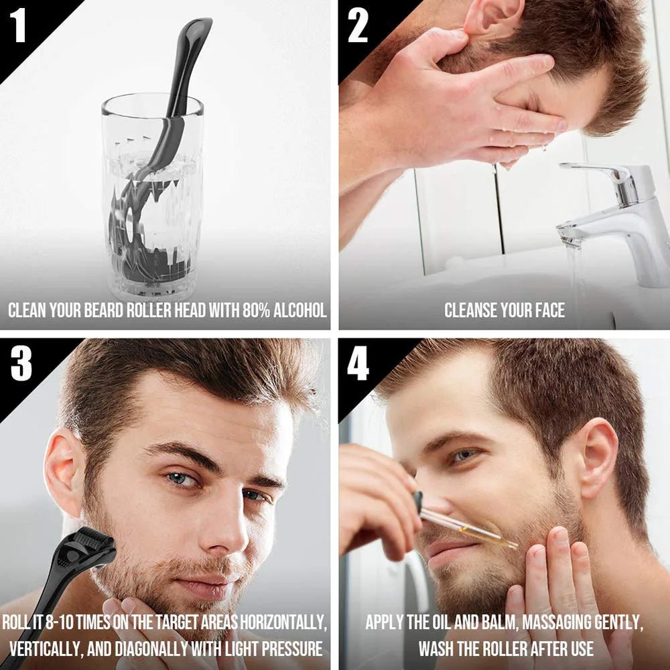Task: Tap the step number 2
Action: [x=358, y=25]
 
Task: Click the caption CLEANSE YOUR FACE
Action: [x=504, y=310]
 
